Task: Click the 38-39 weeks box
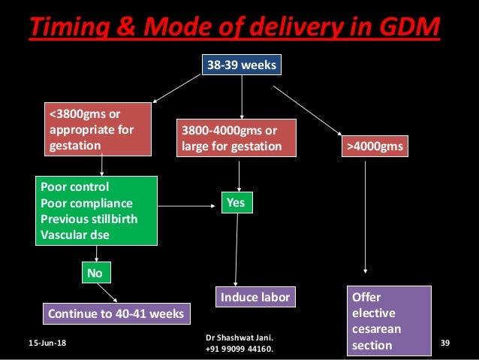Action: click(x=241, y=65)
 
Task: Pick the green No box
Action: click(x=95, y=273)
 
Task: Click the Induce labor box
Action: click(x=255, y=298)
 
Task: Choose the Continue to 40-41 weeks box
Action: click(x=116, y=313)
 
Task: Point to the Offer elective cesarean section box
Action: click(x=389, y=321)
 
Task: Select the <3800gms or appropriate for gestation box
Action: click(x=100, y=129)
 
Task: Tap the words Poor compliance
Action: click(x=86, y=203)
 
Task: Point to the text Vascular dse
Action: click(x=75, y=234)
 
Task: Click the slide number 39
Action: click(x=444, y=343)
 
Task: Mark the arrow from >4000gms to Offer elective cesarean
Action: click(x=365, y=218)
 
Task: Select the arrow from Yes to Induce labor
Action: click(x=237, y=248)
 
